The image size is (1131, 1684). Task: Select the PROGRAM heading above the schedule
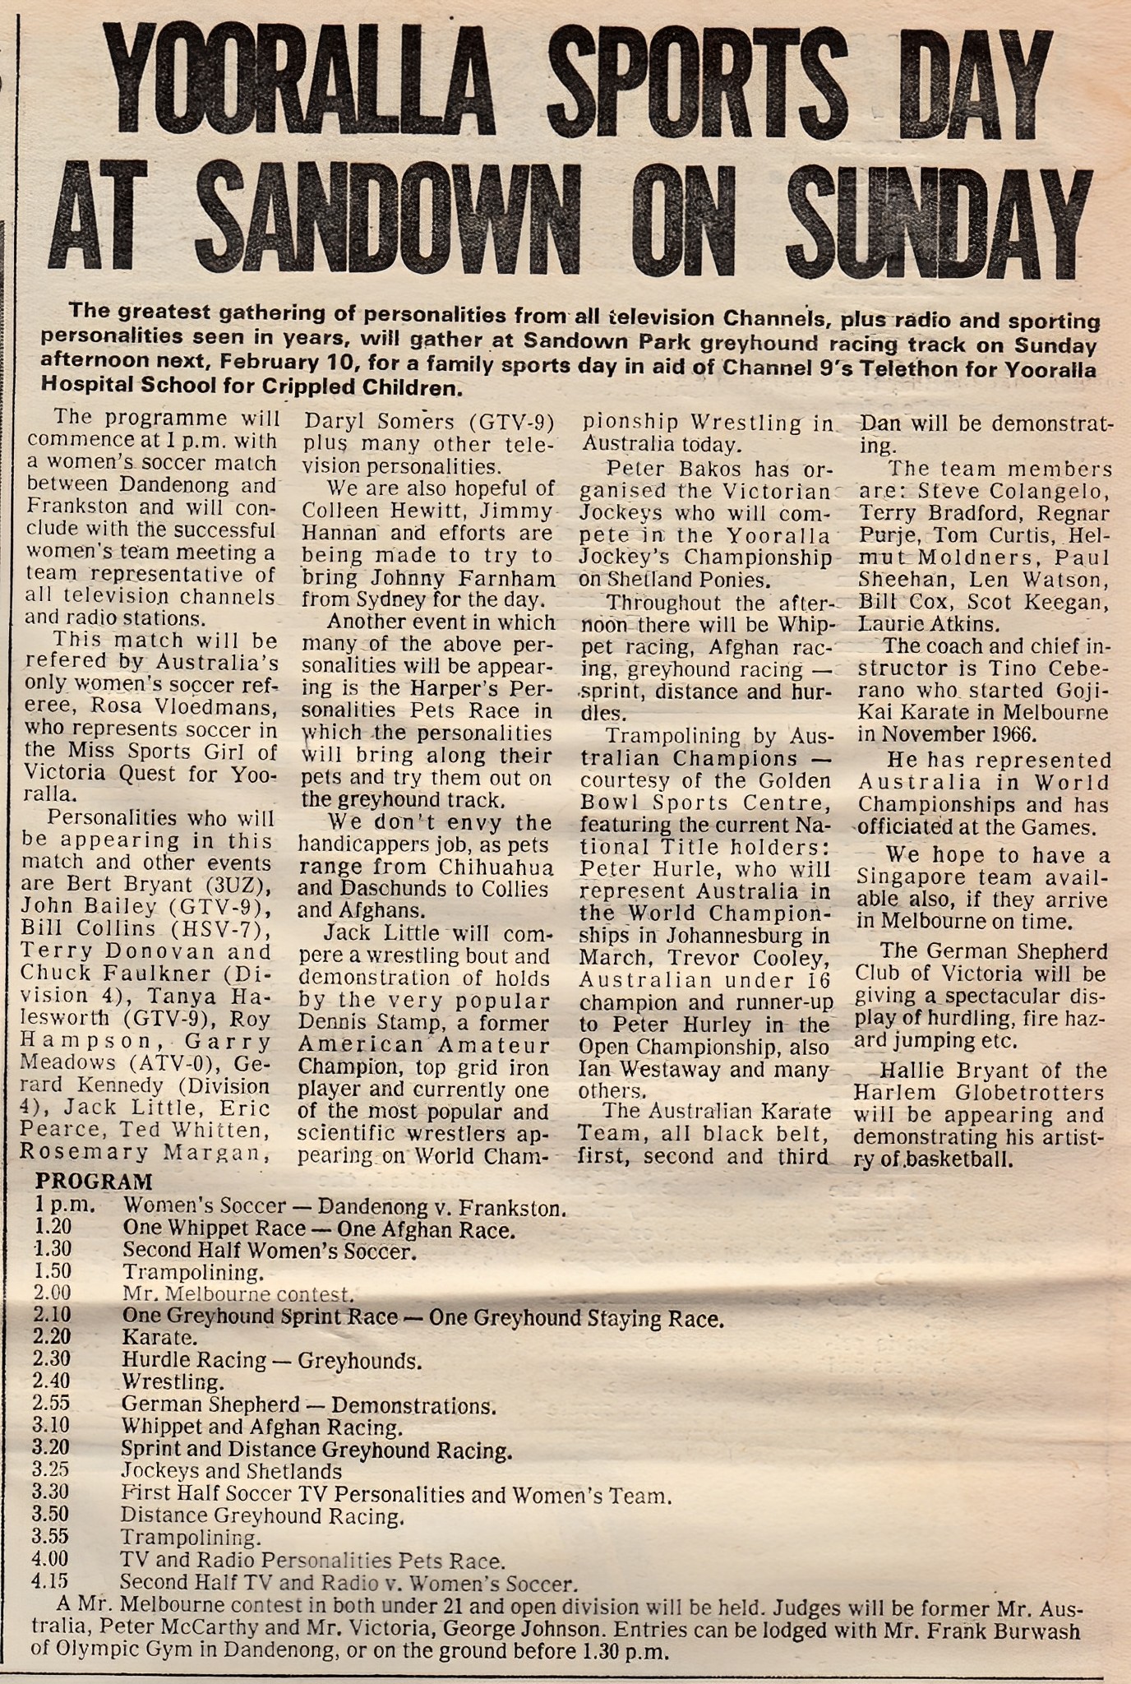(94, 1182)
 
